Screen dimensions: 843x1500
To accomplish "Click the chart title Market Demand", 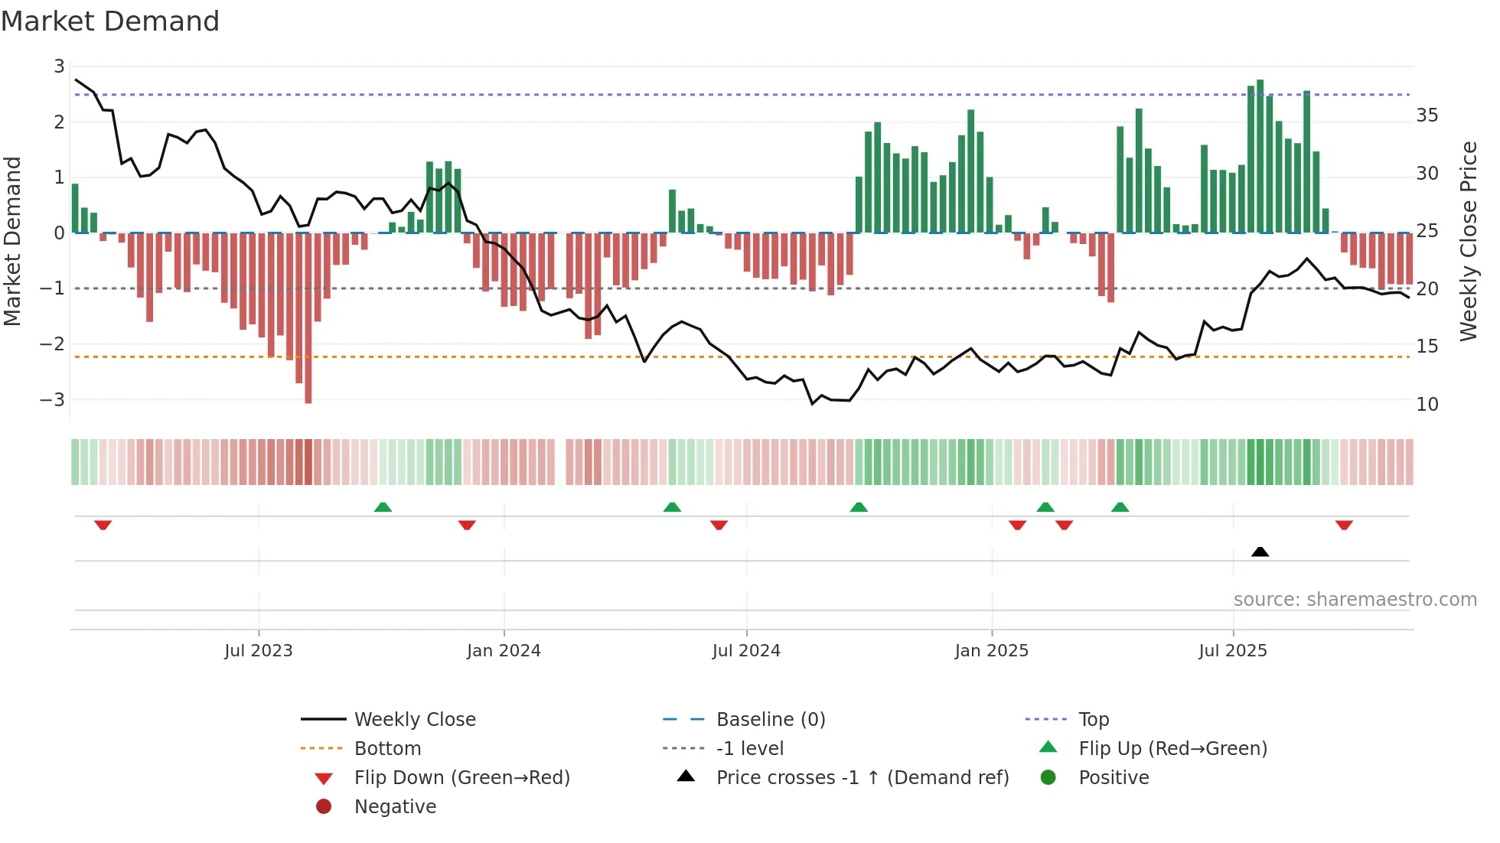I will tap(110, 21).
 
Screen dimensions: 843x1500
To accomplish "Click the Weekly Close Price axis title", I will tap(1468, 241).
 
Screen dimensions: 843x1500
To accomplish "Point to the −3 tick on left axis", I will tap(52, 399).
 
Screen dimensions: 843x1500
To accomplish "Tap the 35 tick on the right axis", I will tap(1427, 116).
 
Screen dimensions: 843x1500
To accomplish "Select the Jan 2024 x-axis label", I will tap(504, 651).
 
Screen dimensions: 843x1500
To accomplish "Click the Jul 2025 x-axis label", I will tap(1232, 651).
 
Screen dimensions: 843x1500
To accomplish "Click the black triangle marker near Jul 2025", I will tap(1260, 552).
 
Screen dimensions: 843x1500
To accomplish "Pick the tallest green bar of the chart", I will tap(1260, 156).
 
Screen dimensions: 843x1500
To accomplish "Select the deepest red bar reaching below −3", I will tap(308, 317).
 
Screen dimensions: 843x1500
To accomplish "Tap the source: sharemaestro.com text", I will tap(1355, 600).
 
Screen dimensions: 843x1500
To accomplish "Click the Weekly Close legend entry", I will tap(414, 720).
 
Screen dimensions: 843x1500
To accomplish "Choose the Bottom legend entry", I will tap(387, 749).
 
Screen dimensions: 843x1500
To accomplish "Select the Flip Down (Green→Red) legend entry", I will tap(461, 778).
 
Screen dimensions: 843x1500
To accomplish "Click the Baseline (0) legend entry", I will tap(770, 720).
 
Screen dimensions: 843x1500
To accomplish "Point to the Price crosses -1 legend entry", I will tap(862, 778).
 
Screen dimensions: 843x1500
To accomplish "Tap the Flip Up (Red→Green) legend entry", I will tap(1172, 749).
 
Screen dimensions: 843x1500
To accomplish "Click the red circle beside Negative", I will tap(324, 807).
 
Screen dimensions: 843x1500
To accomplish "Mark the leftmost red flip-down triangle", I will tap(103, 525).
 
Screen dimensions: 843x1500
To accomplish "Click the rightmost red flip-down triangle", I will tap(1344, 525).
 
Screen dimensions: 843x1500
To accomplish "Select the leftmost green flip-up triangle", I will tap(383, 507).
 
